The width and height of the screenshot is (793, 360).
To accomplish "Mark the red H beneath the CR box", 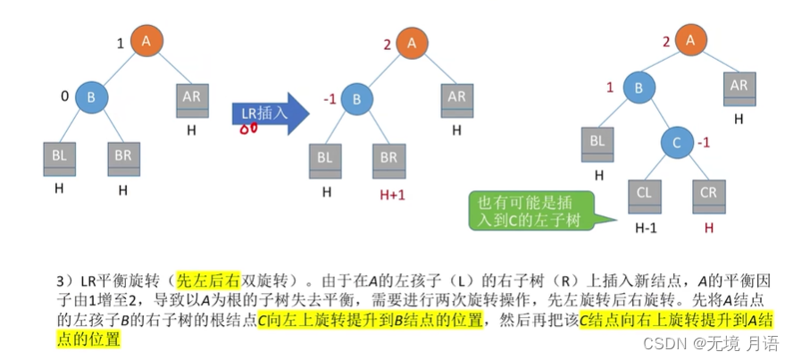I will point(709,229).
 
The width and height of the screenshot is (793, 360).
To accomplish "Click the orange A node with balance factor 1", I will point(146,40).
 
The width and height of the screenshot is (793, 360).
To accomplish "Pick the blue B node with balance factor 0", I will point(91,96).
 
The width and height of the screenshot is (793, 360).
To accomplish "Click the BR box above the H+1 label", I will point(390,158).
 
